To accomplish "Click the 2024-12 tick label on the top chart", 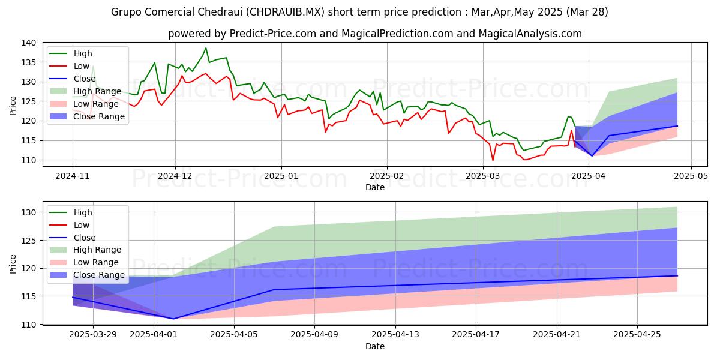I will (175, 176).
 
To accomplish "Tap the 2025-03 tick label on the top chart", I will (483, 176).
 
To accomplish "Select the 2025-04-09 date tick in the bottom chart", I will (314, 335).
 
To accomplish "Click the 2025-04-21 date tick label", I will (556, 335).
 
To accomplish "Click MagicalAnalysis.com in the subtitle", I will (530, 34).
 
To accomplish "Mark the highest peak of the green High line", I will (206, 48).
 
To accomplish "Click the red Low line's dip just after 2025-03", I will (493, 160).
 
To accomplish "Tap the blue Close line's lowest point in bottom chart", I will (173, 319).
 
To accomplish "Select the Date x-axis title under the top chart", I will (375, 187).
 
